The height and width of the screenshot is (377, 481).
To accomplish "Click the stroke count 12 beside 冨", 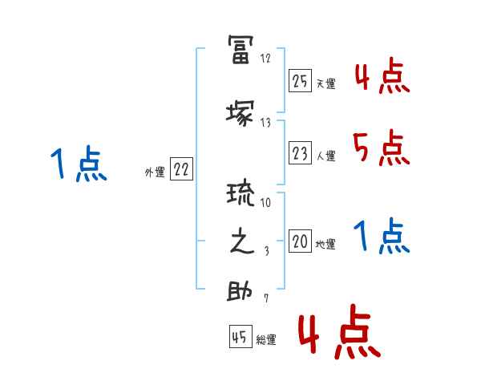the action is click(266, 59).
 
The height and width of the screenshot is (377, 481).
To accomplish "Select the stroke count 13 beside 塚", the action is click(266, 123).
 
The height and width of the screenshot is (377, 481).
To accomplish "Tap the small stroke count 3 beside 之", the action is click(265, 251).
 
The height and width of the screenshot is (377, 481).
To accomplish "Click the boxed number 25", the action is click(300, 81).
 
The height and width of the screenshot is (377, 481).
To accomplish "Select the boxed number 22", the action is click(181, 170).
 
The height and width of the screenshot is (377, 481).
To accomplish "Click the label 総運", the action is click(266, 340).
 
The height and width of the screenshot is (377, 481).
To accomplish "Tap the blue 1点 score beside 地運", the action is click(380, 236).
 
